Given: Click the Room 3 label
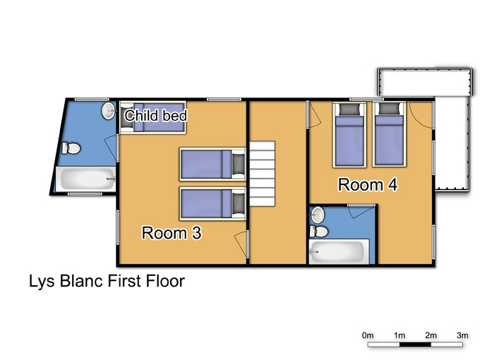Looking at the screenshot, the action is [x=172, y=233].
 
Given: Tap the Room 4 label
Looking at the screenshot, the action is [x=368, y=185].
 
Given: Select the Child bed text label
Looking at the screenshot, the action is [x=155, y=116].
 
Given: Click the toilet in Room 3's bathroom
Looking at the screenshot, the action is [x=71, y=148].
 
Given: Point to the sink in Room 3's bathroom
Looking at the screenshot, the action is [x=108, y=111].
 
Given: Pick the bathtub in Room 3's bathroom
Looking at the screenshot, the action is [x=85, y=179].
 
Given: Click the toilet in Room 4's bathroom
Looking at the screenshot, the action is [x=318, y=232].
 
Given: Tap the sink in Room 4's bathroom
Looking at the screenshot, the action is [x=317, y=215].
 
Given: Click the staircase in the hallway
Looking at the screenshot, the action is [x=263, y=174].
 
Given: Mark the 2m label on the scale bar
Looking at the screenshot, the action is [x=431, y=335].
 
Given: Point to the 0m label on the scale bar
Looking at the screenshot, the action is [x=367, y=335].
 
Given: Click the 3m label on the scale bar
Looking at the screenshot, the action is [x=462, y=335].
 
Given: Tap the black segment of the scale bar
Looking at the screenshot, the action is [x=415, y=344].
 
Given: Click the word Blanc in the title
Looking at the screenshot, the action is [x=81, y=281].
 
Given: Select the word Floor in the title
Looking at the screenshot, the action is [x=165, y=281].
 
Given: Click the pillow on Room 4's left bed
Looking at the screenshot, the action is [x=349, y=109].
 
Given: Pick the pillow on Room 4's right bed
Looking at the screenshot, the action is [x=389, y=109].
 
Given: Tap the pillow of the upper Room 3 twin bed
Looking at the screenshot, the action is [x=238, y=164].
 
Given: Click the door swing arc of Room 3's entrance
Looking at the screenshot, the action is [x=240, y=244].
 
